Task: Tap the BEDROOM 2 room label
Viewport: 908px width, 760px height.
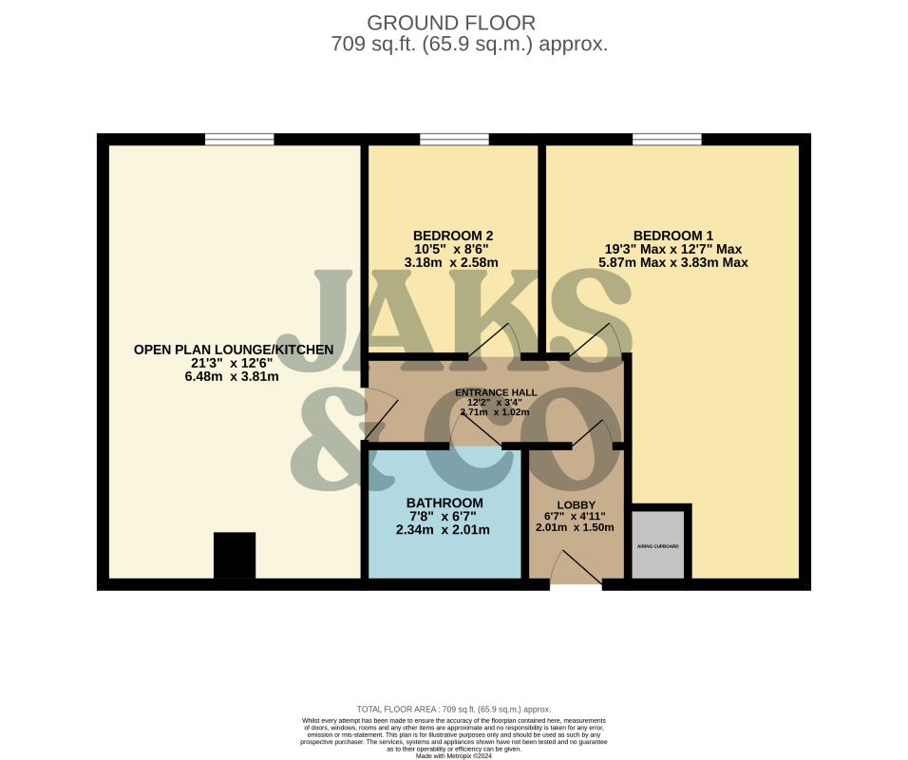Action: tap(453, 236)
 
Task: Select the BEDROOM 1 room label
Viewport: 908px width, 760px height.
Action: tap(673, 236)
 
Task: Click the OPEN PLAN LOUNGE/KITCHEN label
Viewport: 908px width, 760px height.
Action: tap(234, 350)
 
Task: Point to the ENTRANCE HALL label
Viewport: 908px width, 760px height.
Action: tap(496, 391)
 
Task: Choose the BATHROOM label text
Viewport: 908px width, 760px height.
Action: tap(445, 503)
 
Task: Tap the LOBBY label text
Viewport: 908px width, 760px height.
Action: tap(576, 505)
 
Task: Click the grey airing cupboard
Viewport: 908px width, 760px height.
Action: tap(657, 545)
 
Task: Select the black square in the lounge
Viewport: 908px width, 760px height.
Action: tap(235, 555)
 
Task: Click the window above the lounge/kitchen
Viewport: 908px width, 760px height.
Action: tap(239, 140)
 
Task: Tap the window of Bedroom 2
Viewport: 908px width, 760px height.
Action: tap(454, 140)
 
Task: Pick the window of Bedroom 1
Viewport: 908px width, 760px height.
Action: tap(668, 140)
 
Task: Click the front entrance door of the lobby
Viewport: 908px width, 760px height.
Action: tap(576, 570)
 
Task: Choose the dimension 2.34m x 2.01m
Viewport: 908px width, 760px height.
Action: tap(443, 529)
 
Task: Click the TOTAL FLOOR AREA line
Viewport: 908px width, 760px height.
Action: tap(453, 709)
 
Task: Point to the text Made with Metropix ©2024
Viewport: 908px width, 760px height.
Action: tap(453, 755)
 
